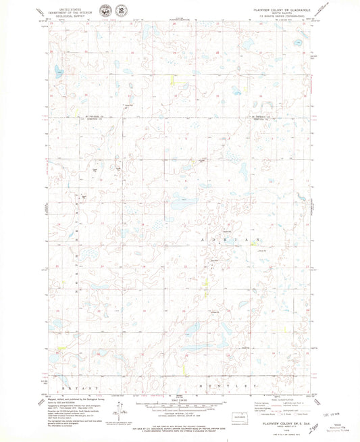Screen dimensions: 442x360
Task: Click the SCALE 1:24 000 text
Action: tap(180, 400)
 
